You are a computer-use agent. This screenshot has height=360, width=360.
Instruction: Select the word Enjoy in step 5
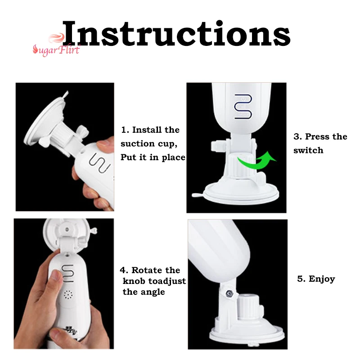coord(322,279)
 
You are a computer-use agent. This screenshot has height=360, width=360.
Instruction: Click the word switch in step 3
coord(308,150)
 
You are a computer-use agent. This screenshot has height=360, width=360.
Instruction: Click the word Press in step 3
coord(317,136)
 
